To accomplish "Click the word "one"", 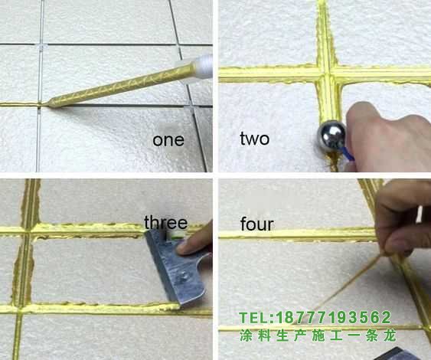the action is (168, 140).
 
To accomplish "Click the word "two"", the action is (254, 139).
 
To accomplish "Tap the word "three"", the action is (166, 222).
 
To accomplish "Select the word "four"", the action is (257, 224).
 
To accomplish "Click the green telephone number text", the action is (315, 318).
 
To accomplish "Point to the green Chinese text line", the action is (318, 335).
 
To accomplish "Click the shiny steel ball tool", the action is (331, 134).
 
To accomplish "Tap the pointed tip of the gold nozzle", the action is (49, 103).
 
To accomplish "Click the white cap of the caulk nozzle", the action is (204, 67).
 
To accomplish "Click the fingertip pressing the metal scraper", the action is (183, 247).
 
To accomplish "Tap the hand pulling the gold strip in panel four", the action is (402, 218).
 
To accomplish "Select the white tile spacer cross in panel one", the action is (41, 47).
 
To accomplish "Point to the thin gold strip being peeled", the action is (345, 286).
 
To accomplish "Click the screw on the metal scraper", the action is (184, 276).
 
